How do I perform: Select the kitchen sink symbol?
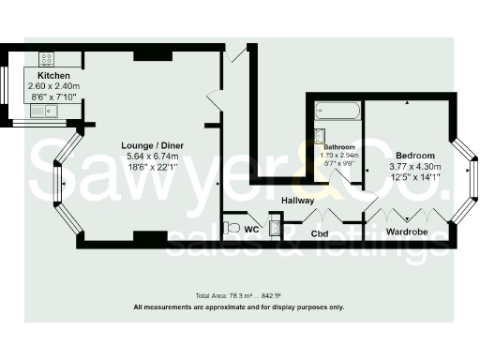coord(41,112)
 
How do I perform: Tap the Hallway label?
coord(297,201)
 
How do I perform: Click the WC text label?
coord(252,228)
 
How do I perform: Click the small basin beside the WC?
coord(274,226)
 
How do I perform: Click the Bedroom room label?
coord(414,155)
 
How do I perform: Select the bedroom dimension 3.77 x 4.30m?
coord(414,165)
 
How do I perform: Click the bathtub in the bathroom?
coord(337,110)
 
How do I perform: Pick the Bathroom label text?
coord(339,147)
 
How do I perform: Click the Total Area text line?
coord(238,294)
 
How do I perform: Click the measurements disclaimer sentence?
coord(239,307)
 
